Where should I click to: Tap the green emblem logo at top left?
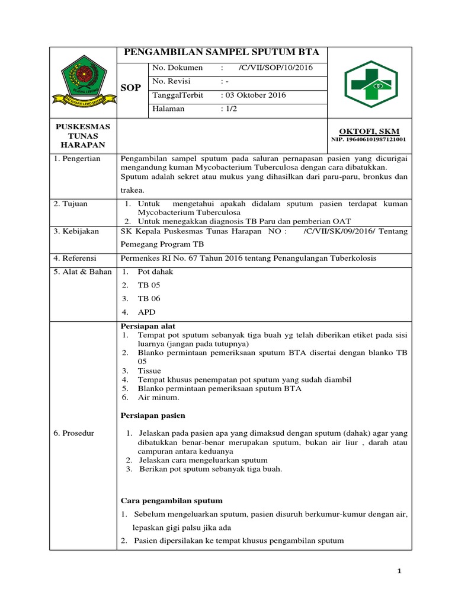82,83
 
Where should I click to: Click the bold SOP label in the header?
130,88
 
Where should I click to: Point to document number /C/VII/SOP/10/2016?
275,68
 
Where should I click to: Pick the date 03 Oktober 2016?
253,95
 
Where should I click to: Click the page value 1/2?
228,108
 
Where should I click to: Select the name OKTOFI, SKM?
361,130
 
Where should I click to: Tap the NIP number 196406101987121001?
367,140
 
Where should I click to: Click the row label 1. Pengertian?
77,159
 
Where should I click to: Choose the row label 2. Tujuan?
71,203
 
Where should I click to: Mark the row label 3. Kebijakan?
76,231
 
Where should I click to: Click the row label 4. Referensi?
76,258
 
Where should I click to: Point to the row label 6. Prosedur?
74,433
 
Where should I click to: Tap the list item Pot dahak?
155,271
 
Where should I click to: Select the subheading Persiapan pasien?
153,415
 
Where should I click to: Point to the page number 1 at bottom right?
400,571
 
